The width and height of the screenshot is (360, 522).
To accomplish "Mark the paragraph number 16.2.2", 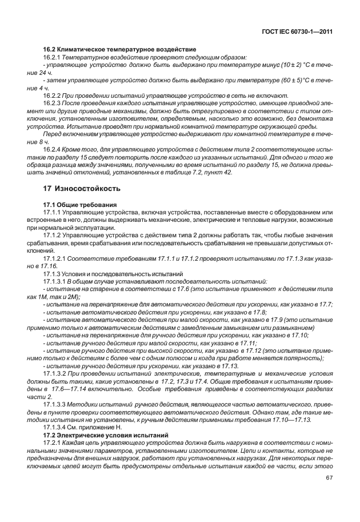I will [54, 96].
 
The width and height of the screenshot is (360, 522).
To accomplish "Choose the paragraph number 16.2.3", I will [54, 103].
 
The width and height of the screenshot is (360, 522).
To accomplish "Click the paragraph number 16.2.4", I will [54, 149].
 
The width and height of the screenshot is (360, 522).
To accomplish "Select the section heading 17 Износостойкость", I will [82, 188].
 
